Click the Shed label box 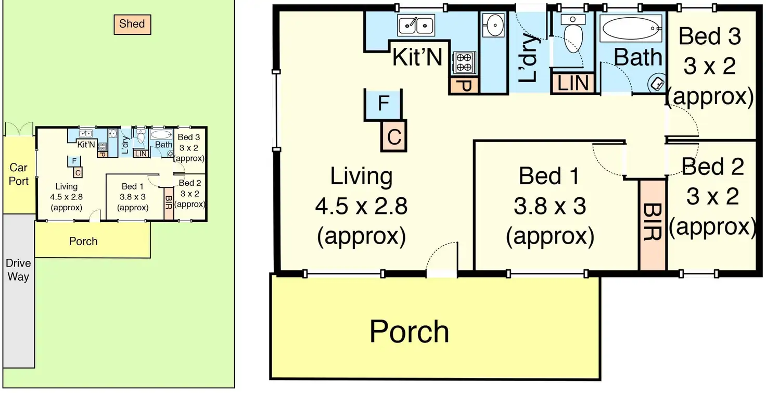point(132,24)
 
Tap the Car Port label point(18,174)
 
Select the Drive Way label point(18,270)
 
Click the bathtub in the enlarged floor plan point(631,29)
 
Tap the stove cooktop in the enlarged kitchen point(464,62)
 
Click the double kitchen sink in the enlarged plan point(416,25)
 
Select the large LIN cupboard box point(573,83)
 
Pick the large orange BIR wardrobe point(653,224)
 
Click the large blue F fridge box point(384,104)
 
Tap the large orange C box point(394,136)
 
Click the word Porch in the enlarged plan point(410,331)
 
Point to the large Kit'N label point(417,57)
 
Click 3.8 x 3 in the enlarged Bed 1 point(550,206)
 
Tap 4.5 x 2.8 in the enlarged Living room point(361,206)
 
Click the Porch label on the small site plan point(83,242)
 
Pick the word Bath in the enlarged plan point(638,57)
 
